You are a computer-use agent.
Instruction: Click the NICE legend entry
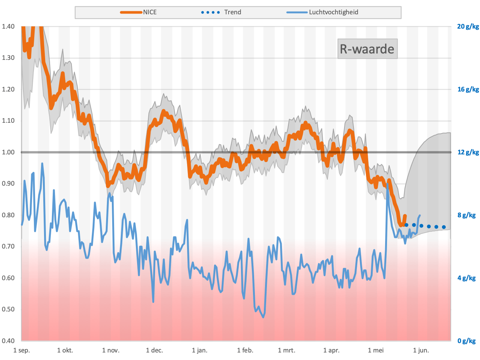point(139,12)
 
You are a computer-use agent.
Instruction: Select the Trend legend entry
point(221,12)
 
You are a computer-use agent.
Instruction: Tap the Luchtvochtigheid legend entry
point(322,12)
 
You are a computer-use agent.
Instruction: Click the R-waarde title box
point(367,49)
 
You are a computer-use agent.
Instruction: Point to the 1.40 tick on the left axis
point(8,27)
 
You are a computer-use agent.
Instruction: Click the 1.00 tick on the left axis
point(8,152)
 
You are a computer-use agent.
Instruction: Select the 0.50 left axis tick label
point(8,309)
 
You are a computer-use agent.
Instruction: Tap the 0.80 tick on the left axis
point(8,215)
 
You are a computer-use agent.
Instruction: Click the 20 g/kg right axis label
point(468,27)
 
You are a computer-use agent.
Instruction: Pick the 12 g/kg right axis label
point(468,152)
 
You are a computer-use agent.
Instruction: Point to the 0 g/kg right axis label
point(466,341)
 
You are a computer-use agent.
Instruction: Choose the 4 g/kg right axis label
point(466,278)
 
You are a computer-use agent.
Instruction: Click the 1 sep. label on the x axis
point(22,350)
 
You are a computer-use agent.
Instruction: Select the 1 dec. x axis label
point(155,350)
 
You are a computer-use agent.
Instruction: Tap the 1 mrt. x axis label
point(286,350)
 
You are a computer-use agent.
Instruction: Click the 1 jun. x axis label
point(421,350)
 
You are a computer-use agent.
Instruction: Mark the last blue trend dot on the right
point(444,227)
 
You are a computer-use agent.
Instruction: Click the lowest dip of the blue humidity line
point(263,317)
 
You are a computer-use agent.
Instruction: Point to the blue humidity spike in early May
point(387,184)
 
